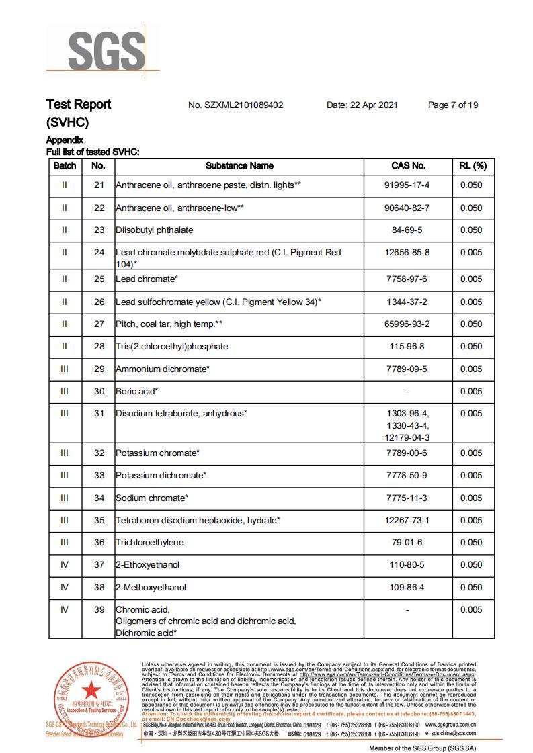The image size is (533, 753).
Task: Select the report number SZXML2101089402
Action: click(236, 105)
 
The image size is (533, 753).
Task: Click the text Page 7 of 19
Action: click(453, 105)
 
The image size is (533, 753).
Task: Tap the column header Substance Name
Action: click(239, 166)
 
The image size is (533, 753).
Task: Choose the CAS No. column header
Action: click(408, 166)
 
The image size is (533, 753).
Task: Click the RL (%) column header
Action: click(472, 166)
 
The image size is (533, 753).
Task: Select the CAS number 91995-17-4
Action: click(408, 185)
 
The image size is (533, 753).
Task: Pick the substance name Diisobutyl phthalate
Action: click(155, 230)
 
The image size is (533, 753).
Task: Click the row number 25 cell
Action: click(99, 279)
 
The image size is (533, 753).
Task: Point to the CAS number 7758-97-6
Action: click(408, 279)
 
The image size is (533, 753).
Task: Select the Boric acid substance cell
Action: click(137, 392)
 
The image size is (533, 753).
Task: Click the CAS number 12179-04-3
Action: click(408, 437)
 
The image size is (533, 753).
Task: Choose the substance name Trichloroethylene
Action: click(149, 543)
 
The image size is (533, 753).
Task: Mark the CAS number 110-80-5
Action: click(408, 565)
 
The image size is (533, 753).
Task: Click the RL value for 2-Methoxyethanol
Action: click(471, 588)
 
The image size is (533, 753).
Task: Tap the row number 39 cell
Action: click(99, 610)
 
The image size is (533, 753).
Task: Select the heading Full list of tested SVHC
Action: click(93, 152)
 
